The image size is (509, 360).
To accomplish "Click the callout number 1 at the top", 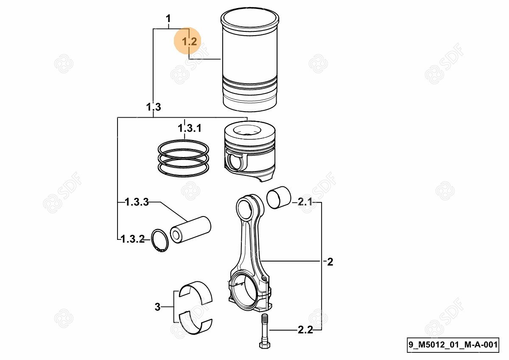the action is point(168,19).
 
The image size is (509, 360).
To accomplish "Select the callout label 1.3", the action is point(154,107).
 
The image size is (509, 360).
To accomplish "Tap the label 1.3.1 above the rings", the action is point(190,128).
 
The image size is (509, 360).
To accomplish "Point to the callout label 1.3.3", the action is point(137,202).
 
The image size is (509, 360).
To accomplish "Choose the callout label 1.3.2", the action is point(132,239).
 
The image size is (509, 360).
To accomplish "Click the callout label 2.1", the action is point(305,202).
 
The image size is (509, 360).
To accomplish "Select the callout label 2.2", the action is point(305,330).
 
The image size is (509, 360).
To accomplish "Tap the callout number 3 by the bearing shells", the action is point(157,307).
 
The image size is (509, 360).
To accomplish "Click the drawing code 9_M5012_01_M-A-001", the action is point(453,345).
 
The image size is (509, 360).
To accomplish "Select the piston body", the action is point(250,152).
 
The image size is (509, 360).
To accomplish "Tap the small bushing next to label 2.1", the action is point(279,198).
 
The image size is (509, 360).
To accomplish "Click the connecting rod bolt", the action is point(265,331).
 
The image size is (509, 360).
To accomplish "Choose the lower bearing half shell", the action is point(196,326).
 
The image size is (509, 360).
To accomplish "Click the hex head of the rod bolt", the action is point(265,345).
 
